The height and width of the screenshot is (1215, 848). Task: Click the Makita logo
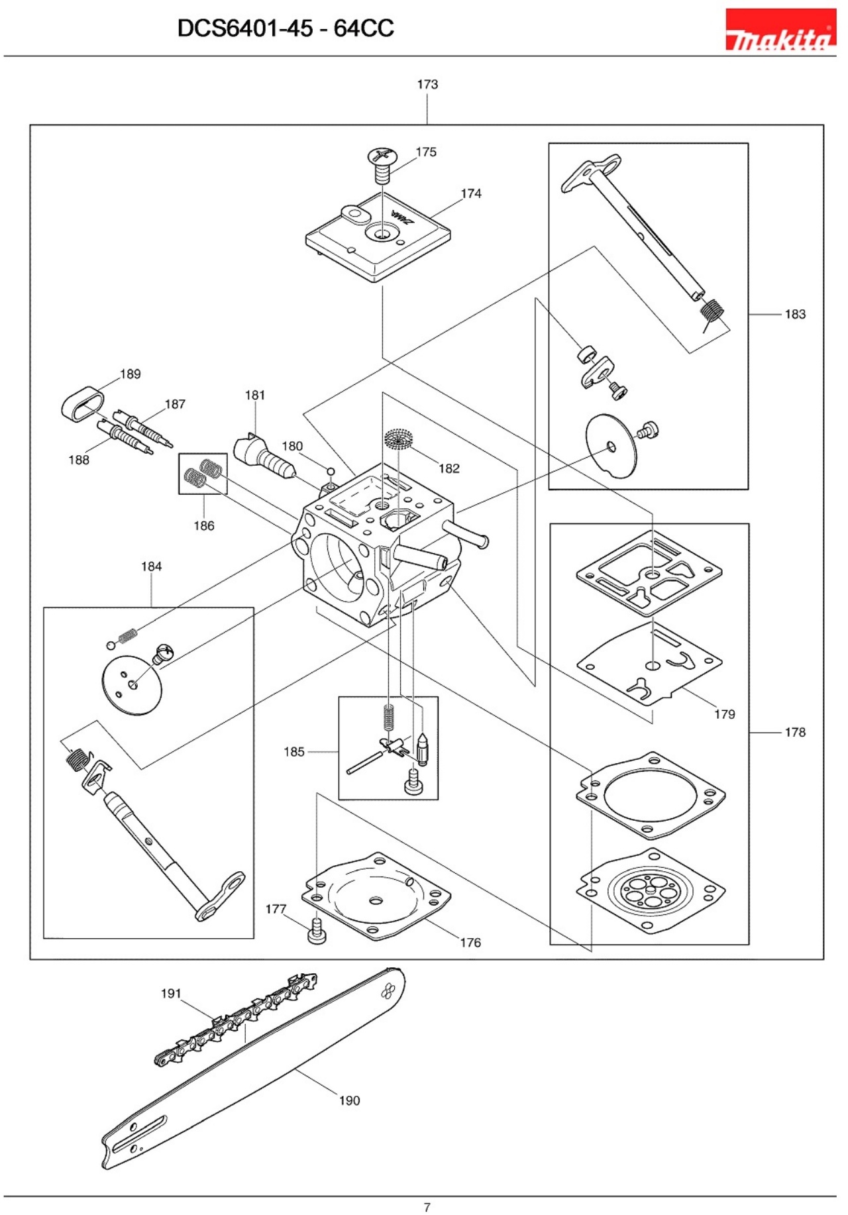(780, 30)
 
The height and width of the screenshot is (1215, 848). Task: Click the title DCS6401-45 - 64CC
(286, 28)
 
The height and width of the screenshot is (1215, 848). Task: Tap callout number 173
(427, 85)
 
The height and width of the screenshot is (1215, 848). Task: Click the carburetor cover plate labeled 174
(378, 238)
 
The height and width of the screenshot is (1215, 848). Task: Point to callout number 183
(794, 314)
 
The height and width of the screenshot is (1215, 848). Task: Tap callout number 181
(255, 396)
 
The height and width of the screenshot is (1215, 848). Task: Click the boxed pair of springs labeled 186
(203, 473)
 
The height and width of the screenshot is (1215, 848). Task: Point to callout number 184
(151, 566)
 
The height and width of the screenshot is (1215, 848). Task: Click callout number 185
(294, 752)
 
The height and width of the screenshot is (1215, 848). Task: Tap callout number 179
(724, 714)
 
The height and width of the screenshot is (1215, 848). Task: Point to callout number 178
(794, 732)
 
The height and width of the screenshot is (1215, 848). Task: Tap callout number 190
(349, 1100)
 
